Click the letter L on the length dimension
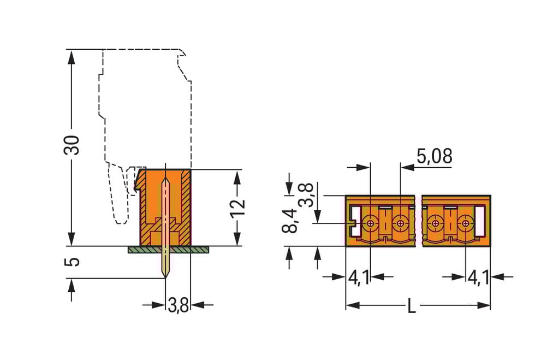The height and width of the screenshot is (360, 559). coord(412,306)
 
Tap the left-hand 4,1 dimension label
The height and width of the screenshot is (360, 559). coord(358,278)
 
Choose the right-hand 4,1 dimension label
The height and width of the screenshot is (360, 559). coord(478,278)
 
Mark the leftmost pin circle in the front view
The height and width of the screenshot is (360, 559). coord(371,223)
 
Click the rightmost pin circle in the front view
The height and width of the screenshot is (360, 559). coord(465,223)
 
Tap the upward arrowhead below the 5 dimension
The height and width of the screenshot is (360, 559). coord(71,284)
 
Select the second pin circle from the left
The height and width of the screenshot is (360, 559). coord(401,223)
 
